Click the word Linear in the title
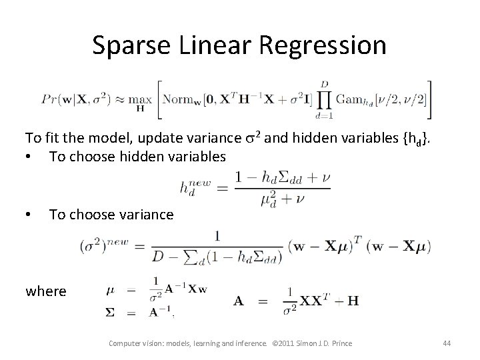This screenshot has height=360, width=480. [x=216, y=45]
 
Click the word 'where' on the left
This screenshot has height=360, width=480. [x=45, y=291]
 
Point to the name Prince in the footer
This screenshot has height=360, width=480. [x=339, y=345]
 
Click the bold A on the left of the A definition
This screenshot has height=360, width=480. [x=239, y=301]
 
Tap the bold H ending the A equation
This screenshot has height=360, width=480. [x=353, y=301]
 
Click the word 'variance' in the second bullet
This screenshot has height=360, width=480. [x=143, y=215]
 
